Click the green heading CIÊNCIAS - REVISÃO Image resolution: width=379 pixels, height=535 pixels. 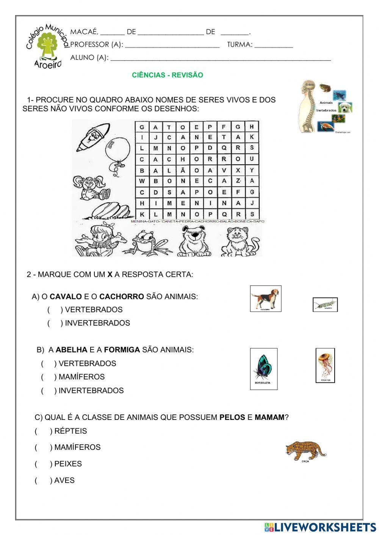[167, 75]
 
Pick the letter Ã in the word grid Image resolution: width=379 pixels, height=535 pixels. [183, 170]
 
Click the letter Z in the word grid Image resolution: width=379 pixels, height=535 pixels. [238, 181]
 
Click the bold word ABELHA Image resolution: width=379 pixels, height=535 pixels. [71, 350]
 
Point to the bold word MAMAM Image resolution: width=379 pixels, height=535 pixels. [269, 418]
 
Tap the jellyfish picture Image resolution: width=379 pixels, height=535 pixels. [325, 364]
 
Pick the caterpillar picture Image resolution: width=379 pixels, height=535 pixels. [325, 304]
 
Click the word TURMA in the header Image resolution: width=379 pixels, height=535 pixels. [240, 45]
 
